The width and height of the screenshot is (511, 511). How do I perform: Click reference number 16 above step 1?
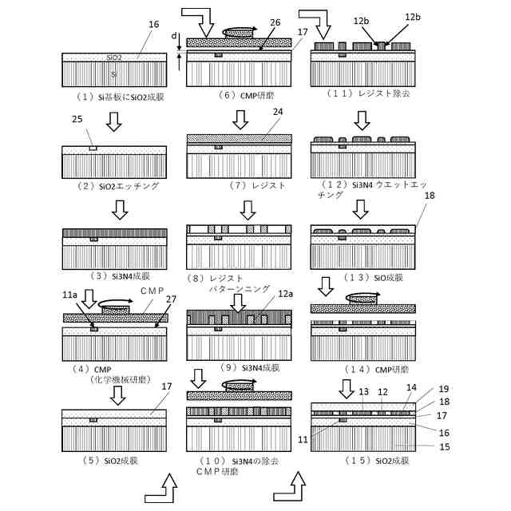click(x=154, y=26)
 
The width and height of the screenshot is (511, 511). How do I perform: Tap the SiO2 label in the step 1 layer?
click(x=114, y=57)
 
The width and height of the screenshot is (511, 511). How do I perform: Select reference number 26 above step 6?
click(x=275, y=22)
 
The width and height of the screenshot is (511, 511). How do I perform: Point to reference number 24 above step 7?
click(x=277, y=113)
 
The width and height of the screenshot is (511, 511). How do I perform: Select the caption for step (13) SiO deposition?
click(x=360, y=277)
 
